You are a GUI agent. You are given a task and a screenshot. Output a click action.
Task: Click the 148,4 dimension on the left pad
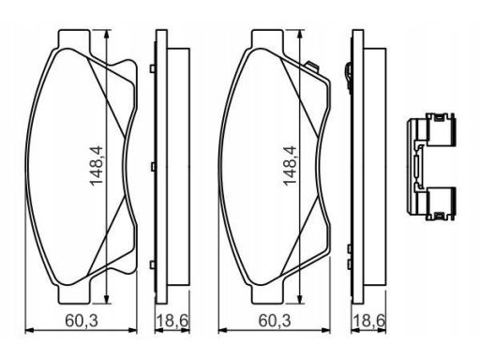[x=97, y=165]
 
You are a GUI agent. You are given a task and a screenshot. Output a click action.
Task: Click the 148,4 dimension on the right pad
[x=290, y=165]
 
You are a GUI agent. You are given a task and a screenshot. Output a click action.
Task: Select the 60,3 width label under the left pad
[x=82, y=321]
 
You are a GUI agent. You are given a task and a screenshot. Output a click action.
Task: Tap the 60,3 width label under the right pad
[x=275, y=321]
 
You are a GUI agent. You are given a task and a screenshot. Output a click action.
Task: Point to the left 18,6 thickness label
[x=172, y=321]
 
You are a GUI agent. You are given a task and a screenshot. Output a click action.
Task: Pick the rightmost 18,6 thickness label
[x=368, y=321]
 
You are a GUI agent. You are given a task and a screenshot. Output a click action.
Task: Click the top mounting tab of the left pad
[x=74, y=38]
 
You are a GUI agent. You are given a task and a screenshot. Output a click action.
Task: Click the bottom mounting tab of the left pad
[x=74, y=294]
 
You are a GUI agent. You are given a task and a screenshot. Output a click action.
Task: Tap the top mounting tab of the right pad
[x=267, y=38]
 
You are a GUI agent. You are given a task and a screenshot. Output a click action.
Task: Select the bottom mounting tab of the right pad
[x=267, y=294]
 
